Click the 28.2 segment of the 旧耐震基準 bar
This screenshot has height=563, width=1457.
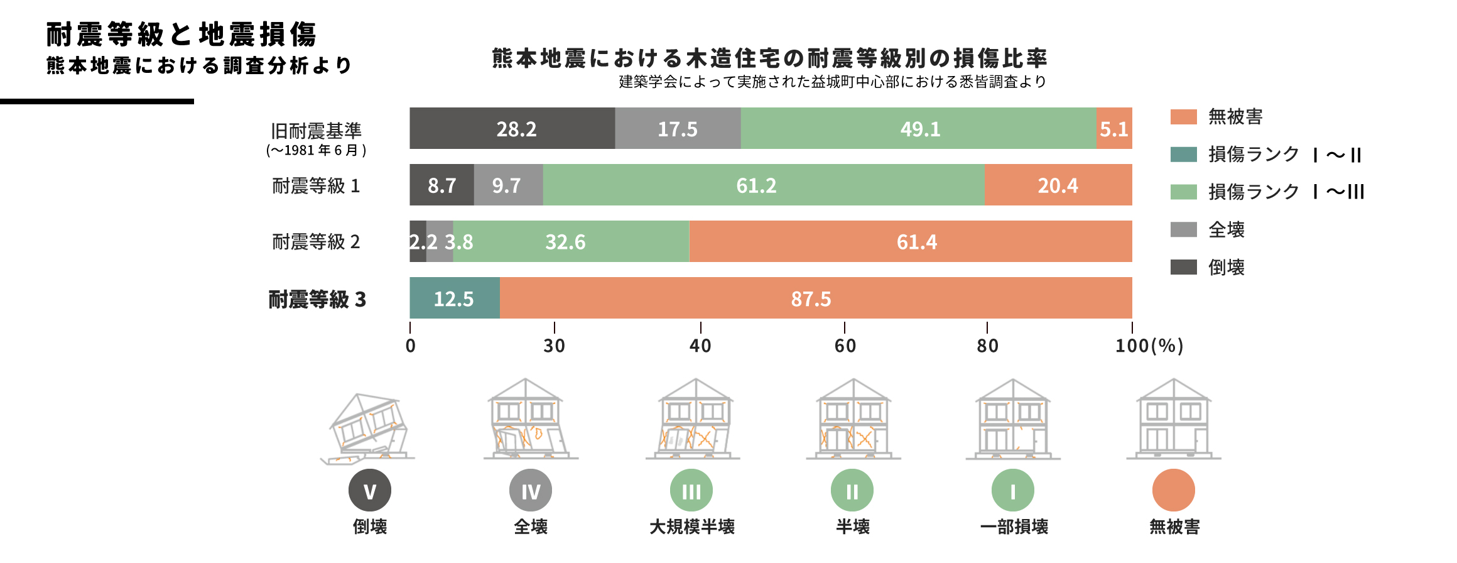tap(512, 128)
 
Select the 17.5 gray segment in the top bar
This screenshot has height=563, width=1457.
tap(678, 128)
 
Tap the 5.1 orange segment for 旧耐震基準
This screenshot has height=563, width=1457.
tap(1114, 128)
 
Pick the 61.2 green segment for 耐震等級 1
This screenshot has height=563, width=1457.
tap(763, 185)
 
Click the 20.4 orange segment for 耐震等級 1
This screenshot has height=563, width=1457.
tap(1058, 185)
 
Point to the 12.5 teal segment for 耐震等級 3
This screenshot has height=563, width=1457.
tap(454, 298)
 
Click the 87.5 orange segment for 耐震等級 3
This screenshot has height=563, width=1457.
tap(815, 298)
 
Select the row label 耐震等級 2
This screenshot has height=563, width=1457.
tap(316, 242)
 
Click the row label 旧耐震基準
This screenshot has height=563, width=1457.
tap(316, 131)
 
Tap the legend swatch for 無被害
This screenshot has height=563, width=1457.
tap(1183, 117)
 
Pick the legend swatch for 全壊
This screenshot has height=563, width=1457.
tap(1183, 229)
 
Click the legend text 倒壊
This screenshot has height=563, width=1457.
tap(1226, 268)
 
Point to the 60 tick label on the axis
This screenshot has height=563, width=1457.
tap(845, 346)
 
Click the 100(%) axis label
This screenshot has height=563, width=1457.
tap(1149, 346)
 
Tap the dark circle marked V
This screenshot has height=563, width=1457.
tap(370, 490)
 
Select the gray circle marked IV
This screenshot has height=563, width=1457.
tap(531, 490)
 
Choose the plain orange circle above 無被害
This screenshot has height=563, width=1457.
tap(1173, 490)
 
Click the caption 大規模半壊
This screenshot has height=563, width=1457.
tap(691, 527)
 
